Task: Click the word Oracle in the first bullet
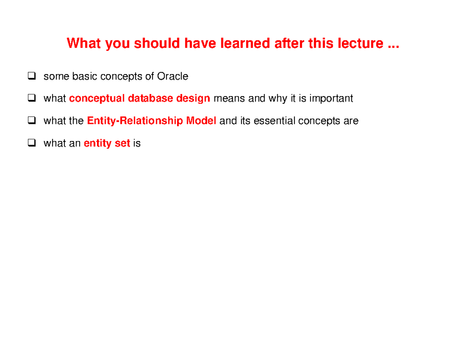(x=172, y=77)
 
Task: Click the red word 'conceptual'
(x=97, y=99)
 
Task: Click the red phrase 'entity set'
(x=107, y=144)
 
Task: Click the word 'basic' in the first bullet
(x=85, y=77)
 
